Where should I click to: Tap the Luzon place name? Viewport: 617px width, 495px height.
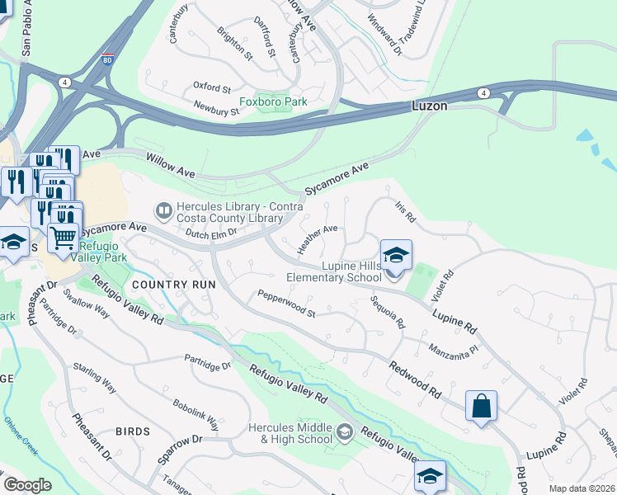(430, 107)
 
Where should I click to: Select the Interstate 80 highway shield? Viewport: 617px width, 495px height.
(108, 59)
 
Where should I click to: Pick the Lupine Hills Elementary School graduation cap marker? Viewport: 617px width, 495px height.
(396, 253)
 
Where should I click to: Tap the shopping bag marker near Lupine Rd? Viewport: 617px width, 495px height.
(481, 405)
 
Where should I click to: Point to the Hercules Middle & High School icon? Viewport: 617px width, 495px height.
(345, 431)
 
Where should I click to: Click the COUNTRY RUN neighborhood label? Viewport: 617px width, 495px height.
(173, 285)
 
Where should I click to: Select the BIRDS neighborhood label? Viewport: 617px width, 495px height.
(133, 431)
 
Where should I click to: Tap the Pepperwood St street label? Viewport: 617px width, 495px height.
(286, 304)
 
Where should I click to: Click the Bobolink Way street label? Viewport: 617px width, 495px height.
(195, 416)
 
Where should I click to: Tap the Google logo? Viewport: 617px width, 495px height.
(27, 485)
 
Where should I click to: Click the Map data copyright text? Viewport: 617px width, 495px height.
(582, 488)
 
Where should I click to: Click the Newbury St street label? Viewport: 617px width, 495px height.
(216, 107)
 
